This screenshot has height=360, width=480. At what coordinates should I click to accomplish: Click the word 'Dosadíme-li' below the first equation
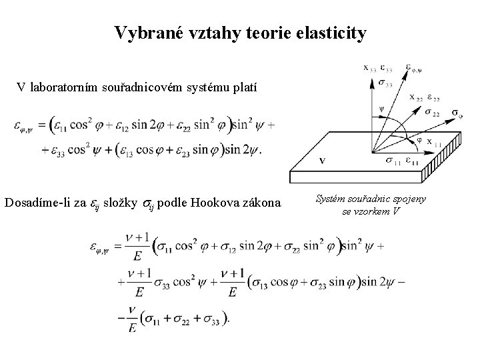51,202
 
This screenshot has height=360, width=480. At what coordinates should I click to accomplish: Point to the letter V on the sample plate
322,161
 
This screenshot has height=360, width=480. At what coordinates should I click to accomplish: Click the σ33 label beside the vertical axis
385,83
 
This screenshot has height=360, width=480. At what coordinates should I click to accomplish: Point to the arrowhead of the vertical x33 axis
371,75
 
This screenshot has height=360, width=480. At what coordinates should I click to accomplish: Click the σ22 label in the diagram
431,112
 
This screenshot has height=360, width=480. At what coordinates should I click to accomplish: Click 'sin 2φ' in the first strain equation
145,125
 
